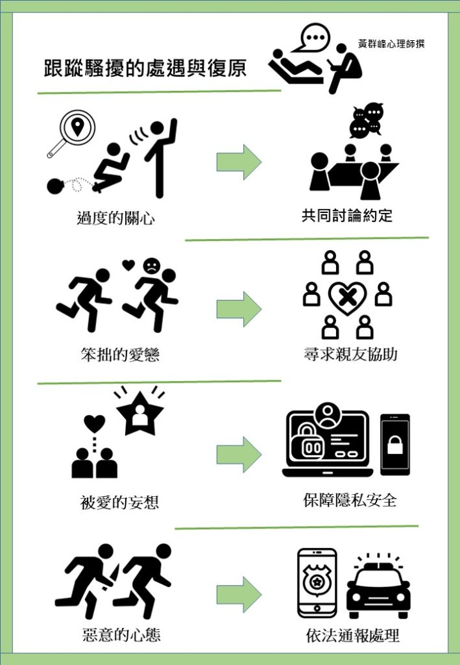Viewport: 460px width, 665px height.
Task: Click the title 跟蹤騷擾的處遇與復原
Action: (x=145, y=68)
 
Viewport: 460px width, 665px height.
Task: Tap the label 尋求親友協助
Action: (x=350, y=355)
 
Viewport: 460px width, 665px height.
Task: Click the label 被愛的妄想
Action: (x=119, y=503)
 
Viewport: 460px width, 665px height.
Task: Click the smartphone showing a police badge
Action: (x=317, y=583)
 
